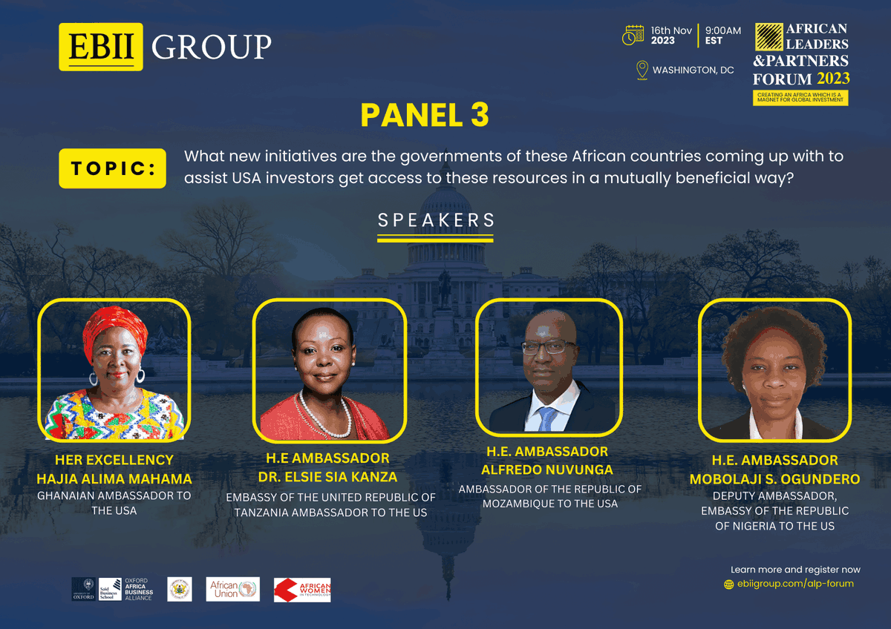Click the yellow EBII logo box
(x=101, y=47)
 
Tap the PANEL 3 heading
(x=425, y=115)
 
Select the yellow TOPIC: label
(x=112, y=168)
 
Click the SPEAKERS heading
(x=436, y=220)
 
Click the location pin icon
(x=642, y=70)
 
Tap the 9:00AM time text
(x=722, y=30)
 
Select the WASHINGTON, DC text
(x=693, y=70)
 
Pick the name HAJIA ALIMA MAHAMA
(x=114, y=478)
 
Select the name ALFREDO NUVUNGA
(x=547, y=470)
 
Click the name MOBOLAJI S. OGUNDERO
(x=774, y=479)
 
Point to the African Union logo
(x=232, y=590)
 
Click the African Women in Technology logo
(x=302, y=590)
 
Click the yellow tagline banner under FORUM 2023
(x=800, y=98)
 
